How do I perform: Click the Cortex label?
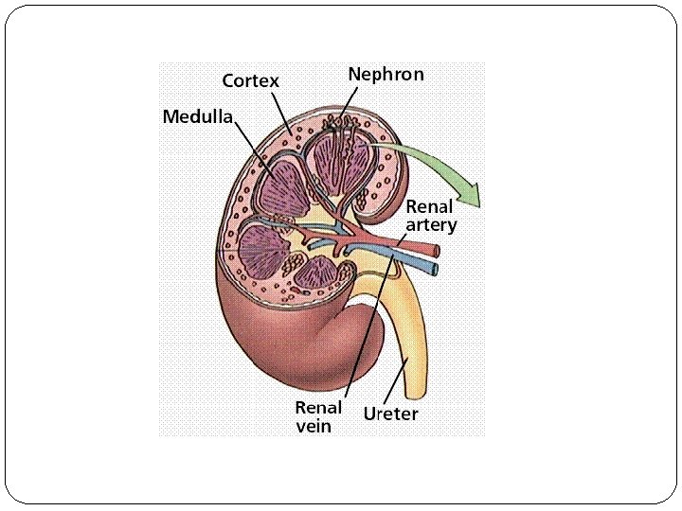coord(251,81)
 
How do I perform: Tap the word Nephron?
coord(386,74)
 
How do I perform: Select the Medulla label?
coord(197,117)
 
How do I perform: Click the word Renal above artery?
coord(429,207)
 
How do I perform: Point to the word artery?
coord(431,225)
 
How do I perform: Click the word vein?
coord(314,426)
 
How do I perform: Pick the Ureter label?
coord(390,414)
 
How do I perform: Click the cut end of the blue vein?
coord(434,269)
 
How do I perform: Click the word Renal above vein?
coord(318,408)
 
